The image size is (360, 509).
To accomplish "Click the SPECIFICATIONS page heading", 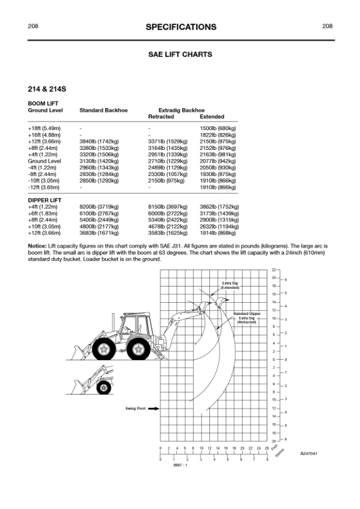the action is click(181, 27).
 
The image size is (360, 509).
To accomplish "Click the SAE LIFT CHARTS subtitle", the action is click(180, 54).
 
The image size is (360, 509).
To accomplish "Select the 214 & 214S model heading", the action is click(47, 89).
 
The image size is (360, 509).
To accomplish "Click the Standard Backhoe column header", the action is click(103, 111).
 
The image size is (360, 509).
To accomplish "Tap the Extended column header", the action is click(212, 117).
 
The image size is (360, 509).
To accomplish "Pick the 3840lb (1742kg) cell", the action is click(99, 141).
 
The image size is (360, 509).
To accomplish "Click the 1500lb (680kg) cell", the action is click(218, 129).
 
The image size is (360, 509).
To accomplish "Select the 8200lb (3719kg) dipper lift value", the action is click(99, 207).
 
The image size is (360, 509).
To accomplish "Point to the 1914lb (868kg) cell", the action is click(218, 233).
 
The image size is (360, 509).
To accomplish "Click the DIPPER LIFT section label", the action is click(45, 200).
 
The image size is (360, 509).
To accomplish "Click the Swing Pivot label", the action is click(136, 409).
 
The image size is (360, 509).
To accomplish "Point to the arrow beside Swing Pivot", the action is click(154, 409).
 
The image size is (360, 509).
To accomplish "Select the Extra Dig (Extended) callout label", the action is click(230, 285).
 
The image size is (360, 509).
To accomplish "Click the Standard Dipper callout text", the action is click(247, 314).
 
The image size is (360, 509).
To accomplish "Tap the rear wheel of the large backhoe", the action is click(139, 349).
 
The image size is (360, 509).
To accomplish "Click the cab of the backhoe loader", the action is click(136, 326).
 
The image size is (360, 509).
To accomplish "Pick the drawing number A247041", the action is click(309, 453).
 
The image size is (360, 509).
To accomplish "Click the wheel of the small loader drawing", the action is click(104, 387).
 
